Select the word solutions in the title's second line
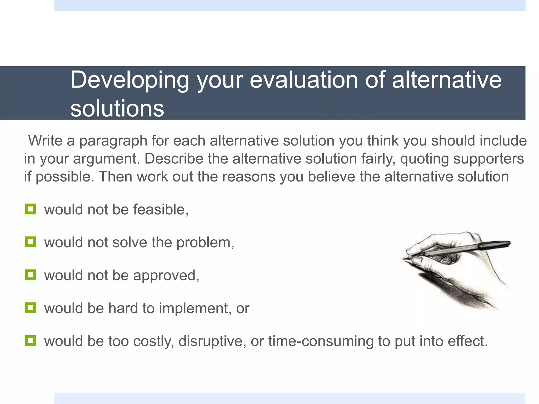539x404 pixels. click(117, 108)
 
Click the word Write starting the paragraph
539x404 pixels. click(45, 140)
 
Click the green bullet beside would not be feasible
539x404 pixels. click(31, 209)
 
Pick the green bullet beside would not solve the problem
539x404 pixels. click(31, 242)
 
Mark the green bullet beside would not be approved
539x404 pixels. click(31, 275)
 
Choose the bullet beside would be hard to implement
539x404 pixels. click(31, 308)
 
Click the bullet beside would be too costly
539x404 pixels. click(31, 341)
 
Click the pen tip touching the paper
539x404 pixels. click(403, 259)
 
